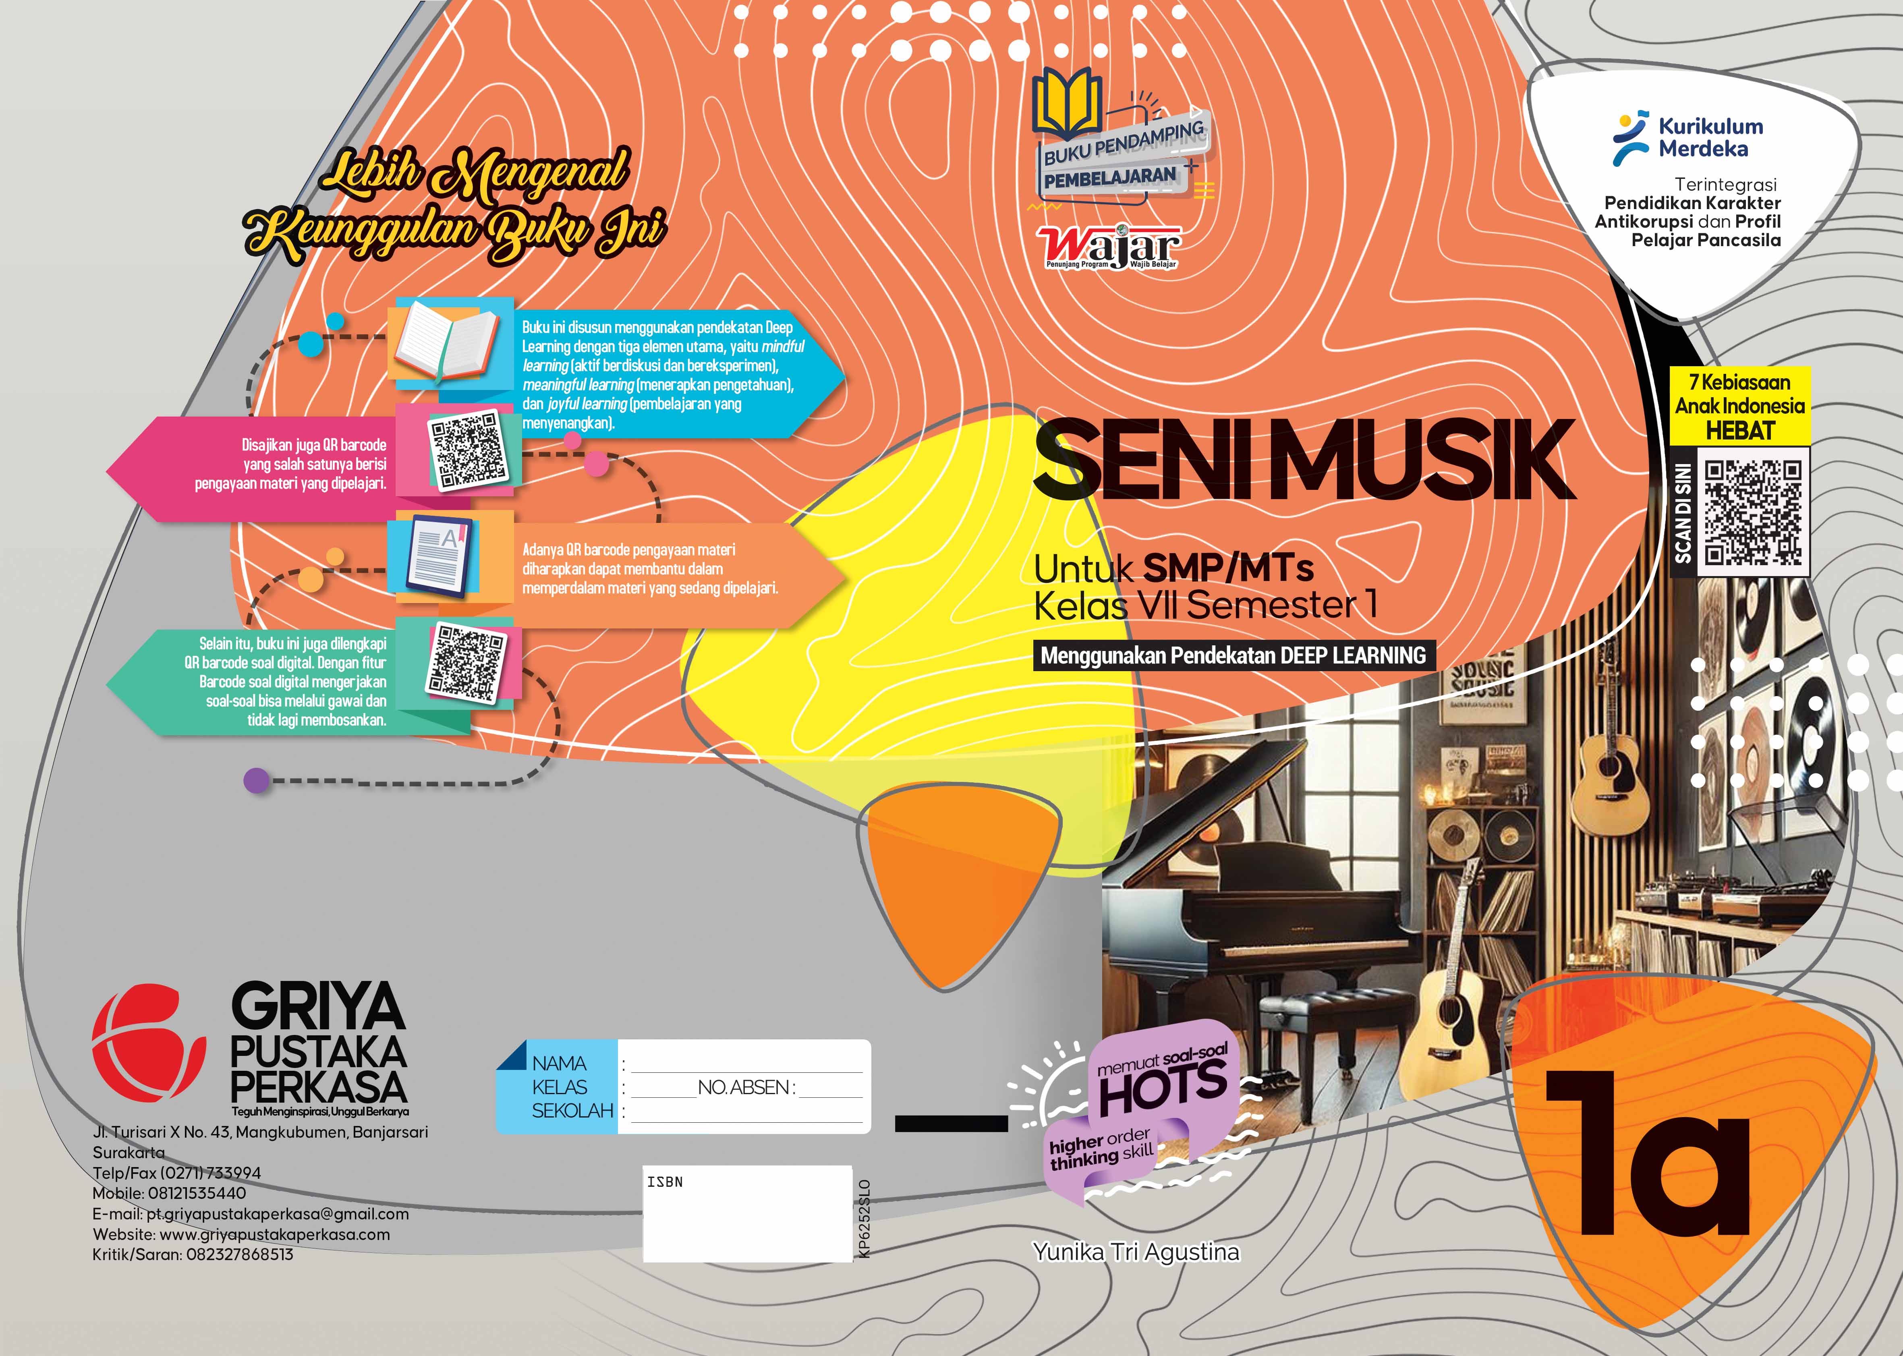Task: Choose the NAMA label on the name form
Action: coord(560,1063)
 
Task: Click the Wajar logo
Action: coord(1109,247)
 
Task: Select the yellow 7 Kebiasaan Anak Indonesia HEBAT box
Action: coord(1739,406)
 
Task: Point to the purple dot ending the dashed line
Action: coord(256,781)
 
